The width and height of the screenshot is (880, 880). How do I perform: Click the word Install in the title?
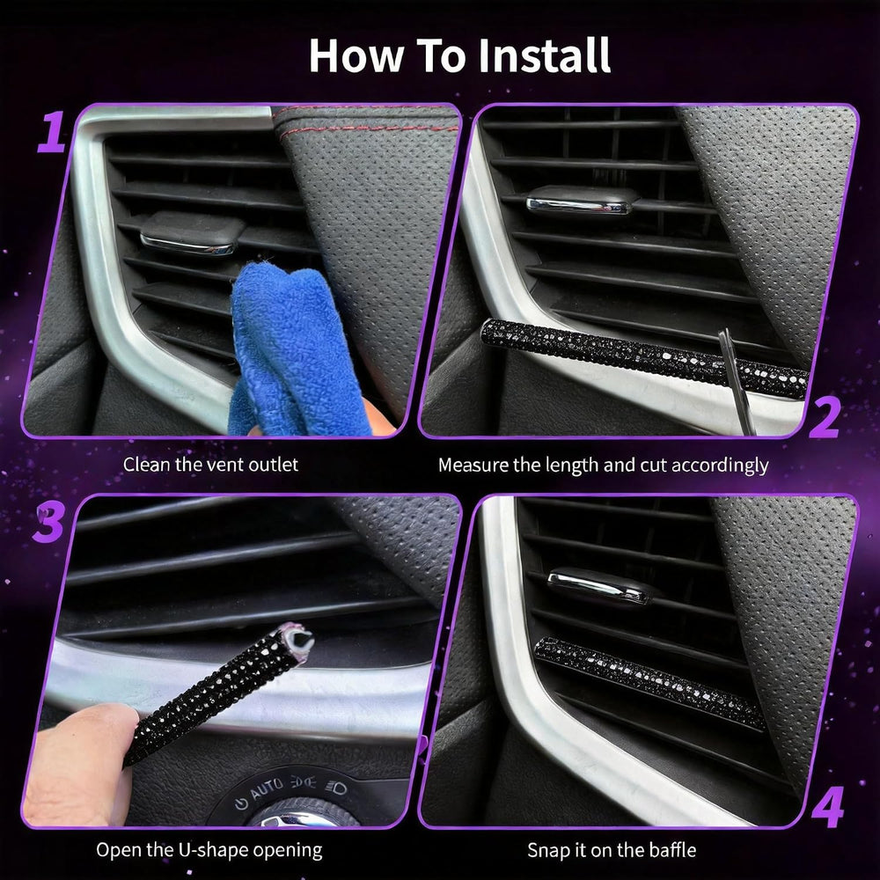544,55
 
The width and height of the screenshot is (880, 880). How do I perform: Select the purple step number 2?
824,417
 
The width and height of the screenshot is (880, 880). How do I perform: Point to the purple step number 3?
48,523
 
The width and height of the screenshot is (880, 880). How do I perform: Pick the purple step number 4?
827,807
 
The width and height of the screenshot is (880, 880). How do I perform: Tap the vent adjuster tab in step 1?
193,233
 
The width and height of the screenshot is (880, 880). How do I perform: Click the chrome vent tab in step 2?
582,201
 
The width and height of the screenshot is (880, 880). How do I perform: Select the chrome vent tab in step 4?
598,586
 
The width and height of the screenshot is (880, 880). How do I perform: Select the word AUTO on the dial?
266,789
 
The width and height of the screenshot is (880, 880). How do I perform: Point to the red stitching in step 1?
365,119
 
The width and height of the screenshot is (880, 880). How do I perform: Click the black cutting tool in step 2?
737,382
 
